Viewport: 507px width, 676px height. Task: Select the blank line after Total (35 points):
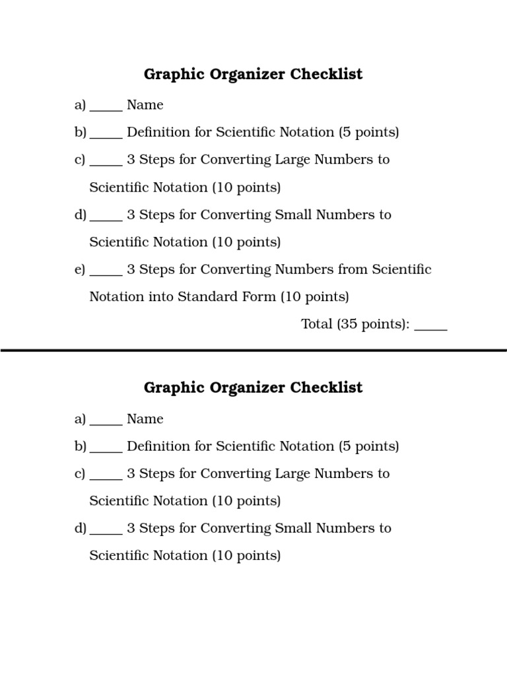[x=431, y=328]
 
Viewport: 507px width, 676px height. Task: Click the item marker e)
[x=81, y=269]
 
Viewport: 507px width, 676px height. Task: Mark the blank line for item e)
[x=106, y=273]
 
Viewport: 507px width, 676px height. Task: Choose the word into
[x=161, y=296]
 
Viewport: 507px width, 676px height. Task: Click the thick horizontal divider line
[x=253, y=351]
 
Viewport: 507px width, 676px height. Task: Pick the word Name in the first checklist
[x=145, y=105]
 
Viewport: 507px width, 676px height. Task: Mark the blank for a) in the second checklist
[x=106, y=422]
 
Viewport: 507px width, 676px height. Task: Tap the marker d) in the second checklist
[x=81, y=528]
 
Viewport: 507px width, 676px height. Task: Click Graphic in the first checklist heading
[x=174, y=74]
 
